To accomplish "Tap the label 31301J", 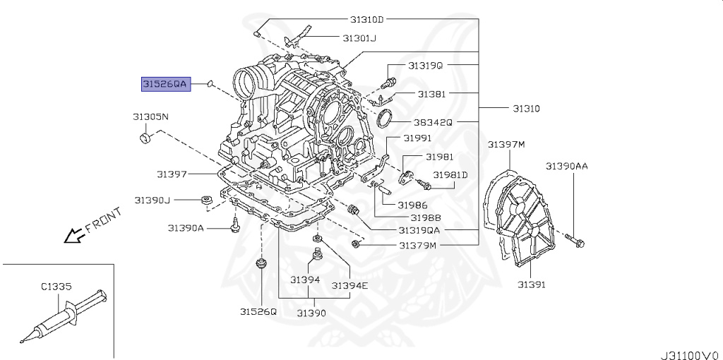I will (359, 38).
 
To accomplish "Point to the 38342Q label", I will (433, 121).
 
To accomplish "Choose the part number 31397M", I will (506, 145).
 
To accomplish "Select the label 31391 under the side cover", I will (531, 284).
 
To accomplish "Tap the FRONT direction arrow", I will (73, 234).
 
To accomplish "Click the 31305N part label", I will (150, 116).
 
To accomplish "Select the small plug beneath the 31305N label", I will (146, 136).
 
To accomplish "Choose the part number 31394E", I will (351, 285).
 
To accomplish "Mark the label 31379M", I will (418, 246).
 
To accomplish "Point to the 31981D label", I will (450, 174).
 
